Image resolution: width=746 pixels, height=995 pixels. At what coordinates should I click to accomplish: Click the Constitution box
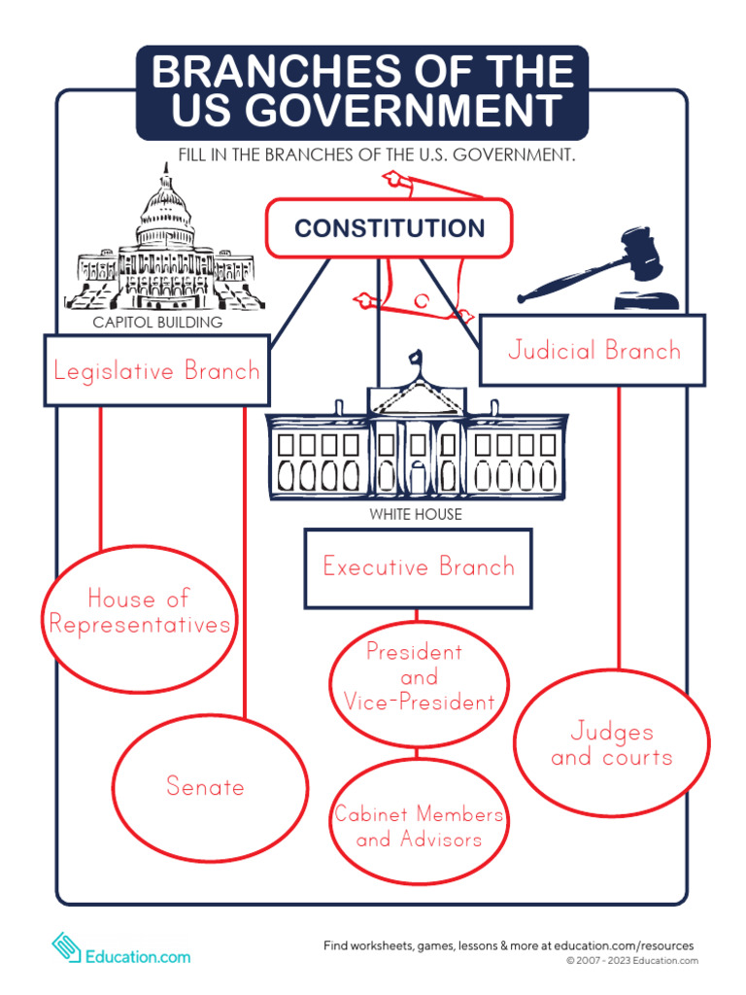click(389, 228)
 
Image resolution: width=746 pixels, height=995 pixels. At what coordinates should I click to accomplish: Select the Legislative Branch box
click(156, 370)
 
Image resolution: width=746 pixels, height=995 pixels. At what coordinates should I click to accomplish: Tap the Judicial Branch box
click(593, 351)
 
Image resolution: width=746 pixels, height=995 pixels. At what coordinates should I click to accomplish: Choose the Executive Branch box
click(419, 567)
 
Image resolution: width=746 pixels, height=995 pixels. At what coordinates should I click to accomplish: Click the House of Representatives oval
click(140, 611)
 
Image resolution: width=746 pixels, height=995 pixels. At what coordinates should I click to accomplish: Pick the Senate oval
click(205, 786)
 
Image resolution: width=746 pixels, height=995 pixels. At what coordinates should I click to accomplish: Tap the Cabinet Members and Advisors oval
click(419, 825)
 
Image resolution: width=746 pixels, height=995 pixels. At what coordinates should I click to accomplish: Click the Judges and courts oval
click(611, 744)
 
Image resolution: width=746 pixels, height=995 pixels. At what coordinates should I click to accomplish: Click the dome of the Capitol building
click(165, 209)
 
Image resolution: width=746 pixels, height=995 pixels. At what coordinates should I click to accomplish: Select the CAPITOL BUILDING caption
click(157, 323)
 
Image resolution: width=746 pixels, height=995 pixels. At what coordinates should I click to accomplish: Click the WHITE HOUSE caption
click(416, 514)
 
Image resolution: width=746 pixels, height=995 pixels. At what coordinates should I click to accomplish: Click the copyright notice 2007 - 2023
click(632, 961)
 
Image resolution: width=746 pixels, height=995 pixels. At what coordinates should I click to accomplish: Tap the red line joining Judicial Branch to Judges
click(619, 525)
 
